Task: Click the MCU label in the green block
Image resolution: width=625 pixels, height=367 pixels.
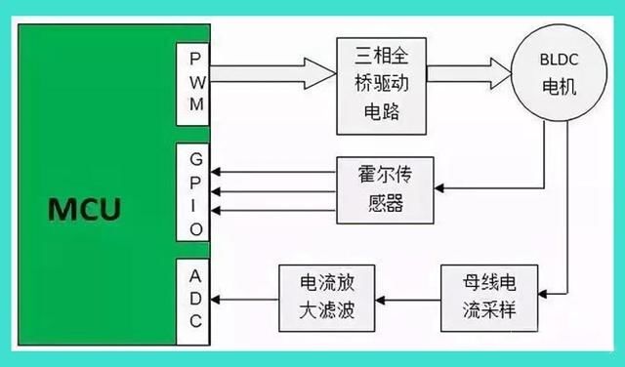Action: pyautogui.click(x=85, y=209)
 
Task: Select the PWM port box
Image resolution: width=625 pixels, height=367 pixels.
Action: pyautogui.click(x=192, y=84)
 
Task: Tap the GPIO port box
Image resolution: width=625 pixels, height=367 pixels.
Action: pyautogui.click(x=192, y=192)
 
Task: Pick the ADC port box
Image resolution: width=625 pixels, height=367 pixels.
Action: pyautogui.click(x=192, y=295)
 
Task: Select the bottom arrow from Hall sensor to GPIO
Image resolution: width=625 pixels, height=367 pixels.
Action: pyautogui.click(x=273, y=210)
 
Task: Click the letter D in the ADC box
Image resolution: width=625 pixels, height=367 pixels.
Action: pyautogui.click(x=192, y=296)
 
